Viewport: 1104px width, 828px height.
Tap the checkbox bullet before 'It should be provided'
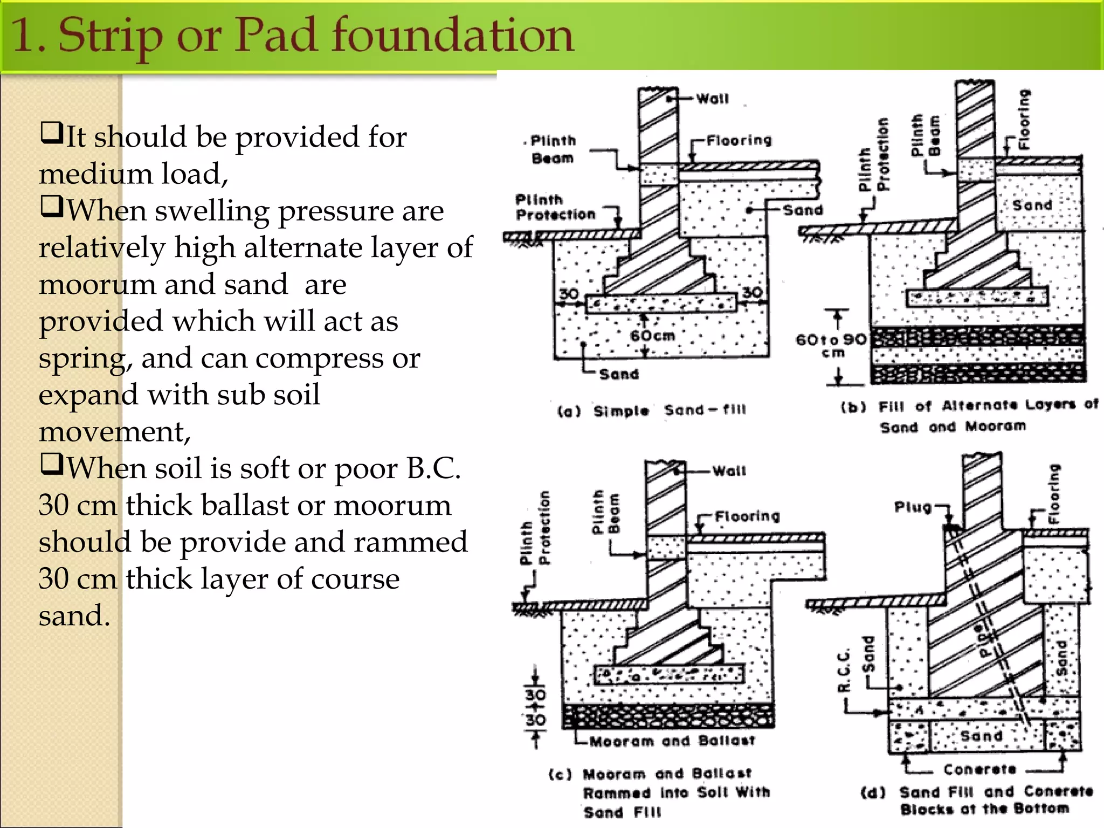pos(51,133)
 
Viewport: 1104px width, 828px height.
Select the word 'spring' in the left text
pos(84,358)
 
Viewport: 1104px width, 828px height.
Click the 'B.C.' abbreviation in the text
pos(433,468)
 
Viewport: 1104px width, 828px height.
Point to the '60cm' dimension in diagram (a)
pos(653,336)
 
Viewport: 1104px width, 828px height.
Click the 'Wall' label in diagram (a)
pos(712,99)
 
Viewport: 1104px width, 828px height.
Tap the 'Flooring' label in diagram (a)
pos(739,141)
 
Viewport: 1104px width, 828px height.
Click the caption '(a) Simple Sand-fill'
pos(652,410)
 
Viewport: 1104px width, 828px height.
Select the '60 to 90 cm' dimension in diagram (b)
pos(831,345)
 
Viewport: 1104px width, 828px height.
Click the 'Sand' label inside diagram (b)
pos(1032,205)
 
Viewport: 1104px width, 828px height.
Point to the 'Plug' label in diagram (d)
pos(912,507)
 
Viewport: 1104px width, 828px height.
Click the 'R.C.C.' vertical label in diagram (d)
pos(844,670)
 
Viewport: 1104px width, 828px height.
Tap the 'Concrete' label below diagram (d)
pos(979,769)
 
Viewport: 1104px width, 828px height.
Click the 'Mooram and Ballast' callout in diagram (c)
pos(672,741)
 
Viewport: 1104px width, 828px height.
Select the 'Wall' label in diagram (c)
pos(729,471)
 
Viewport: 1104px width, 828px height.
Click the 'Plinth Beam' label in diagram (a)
pos(553,149)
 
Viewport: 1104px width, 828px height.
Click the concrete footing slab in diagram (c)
pos(668,674)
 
